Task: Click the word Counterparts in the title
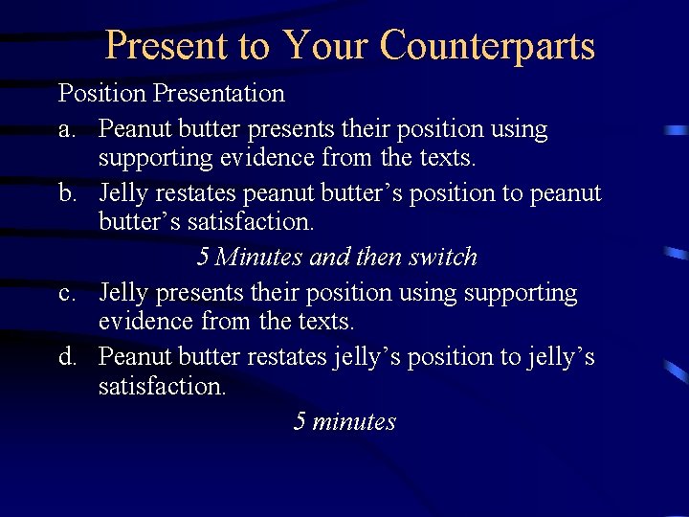[487, 46]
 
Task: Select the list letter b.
[67, 193]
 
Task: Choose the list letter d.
[67, 357]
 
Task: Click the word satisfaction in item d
[161, 387]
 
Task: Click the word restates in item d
[287, 357]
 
